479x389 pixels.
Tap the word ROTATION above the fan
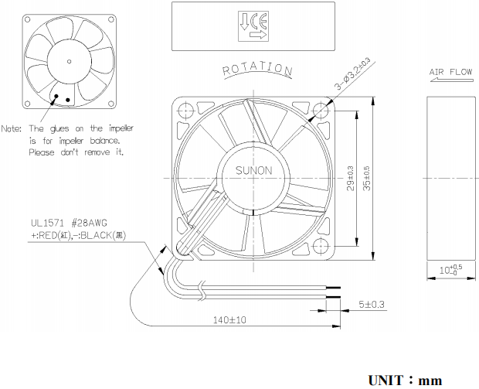tap(257, 70)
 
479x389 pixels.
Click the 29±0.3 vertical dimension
tap(352, 179)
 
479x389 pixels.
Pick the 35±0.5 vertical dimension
tap(367, 179)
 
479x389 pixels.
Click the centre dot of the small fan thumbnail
tap(69, 60)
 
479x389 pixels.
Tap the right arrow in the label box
tap(257, 34)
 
